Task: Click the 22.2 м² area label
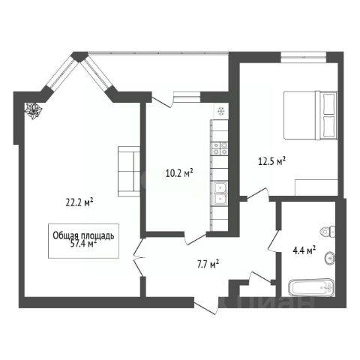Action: click(x=79, y=202)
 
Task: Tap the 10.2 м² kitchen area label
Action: click(x=179, y=172)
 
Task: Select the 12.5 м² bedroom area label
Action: click(x=271, y=161)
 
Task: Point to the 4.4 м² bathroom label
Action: click(x=304, y=250)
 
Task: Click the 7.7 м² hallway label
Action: click(x=208, y=265)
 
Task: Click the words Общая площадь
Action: click(x=83, y=235)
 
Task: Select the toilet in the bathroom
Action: click(x=328, y=232)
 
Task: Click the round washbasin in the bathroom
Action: click(x=330, y=257)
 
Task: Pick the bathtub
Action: click(x=311, y=288)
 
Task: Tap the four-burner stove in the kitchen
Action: click(x=220, y=148)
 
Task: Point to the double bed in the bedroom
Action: click(x=310, y=115)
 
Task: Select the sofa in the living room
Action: click(x=129, y=171)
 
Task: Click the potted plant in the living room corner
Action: click(x=33, y=111)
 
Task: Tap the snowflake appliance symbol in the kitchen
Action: click(x=221, y=111)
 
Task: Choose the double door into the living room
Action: click(x=139, y=257)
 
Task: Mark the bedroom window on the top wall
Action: click(x=303, y=57)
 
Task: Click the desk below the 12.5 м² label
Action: click(x=316, y=187)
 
